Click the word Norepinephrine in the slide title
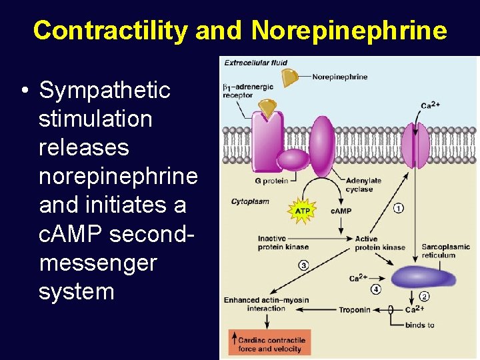click(349, 30)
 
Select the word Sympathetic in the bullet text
click(105, 90)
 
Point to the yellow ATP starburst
click(301, 211)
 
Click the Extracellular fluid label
click(255, 63)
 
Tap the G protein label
click(271, 181)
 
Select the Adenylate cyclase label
click(363, 185)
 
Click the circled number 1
click(398, 208)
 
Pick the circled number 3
click(303, 265)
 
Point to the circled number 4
click(376, 289)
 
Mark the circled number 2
click(424, 297)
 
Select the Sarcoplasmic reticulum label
click(445, 251)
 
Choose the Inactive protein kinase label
click(281, 243)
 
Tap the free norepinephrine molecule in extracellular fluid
click(289, 77)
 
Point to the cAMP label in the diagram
click(341, 211)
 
